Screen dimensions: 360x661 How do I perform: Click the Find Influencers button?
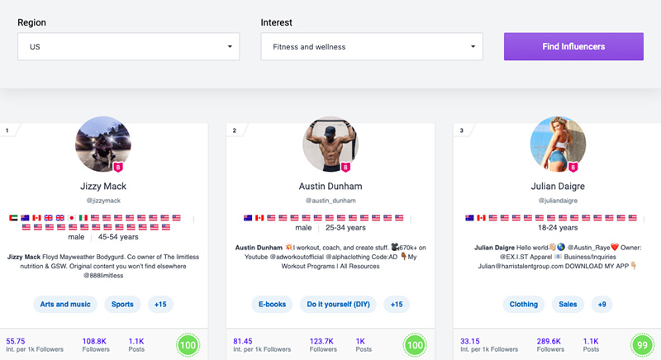click(x=573, y=47)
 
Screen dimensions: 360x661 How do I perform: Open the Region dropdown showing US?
click(x=129, y=47)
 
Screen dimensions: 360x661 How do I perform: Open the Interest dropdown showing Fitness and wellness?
click(x=372, y=47)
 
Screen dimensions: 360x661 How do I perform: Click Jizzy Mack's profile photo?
click(x=103, y=144)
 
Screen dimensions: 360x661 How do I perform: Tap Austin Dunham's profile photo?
click(x=330, y=144)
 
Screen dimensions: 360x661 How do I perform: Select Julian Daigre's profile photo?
click(x=558, y=144)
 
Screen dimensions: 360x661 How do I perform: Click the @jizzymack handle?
click(x=103, y=201)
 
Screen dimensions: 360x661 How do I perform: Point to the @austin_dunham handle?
click(x=330, y=201)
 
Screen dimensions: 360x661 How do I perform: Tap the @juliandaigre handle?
click(x=558, y=201)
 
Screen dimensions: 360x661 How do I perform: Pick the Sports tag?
click(x=122, y=304)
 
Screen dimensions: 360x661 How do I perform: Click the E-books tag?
click(x=273, y=304)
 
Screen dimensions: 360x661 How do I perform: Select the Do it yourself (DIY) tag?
click(x=337, y=304)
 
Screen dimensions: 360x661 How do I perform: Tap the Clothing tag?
click(x=524, y=304)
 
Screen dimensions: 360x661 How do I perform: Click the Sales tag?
click(x=568, y=304)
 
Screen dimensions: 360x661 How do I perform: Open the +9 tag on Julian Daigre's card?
click(x=603, y=304)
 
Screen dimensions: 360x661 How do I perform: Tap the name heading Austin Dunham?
click(x=330, y=186)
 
